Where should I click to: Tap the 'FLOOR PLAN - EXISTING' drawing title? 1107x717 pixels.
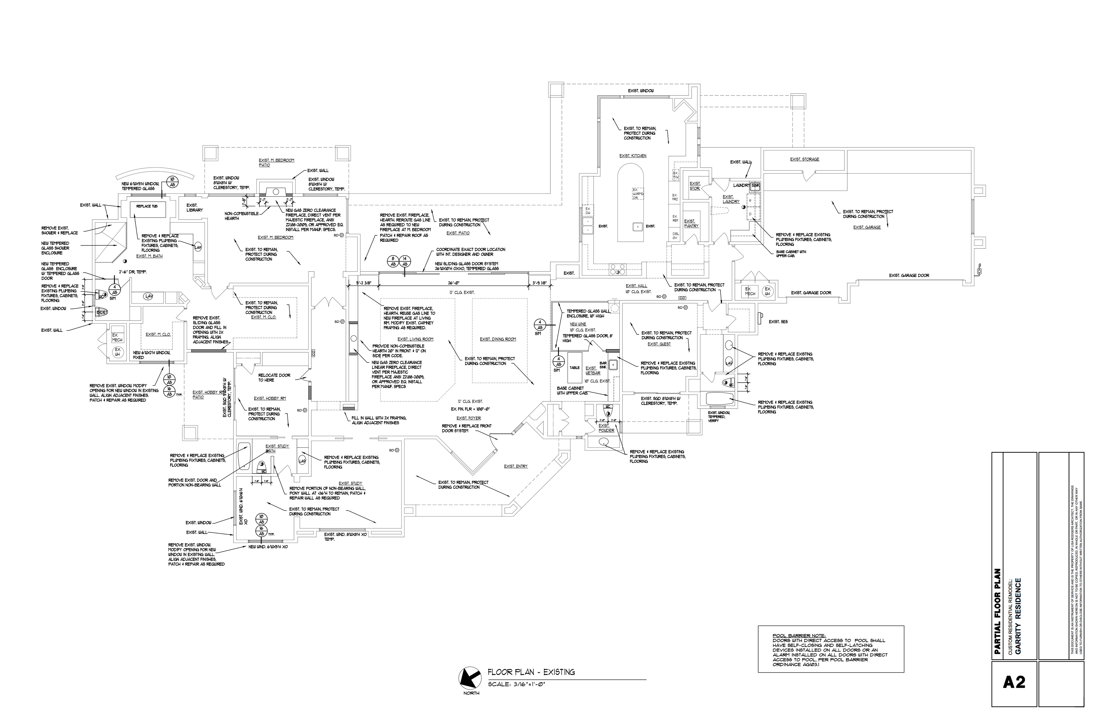click(531, 672)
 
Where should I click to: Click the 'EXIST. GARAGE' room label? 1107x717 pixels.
click(867, 227)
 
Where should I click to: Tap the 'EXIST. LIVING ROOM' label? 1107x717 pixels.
click(415, 339)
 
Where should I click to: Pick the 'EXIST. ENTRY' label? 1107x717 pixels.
click(516, 466)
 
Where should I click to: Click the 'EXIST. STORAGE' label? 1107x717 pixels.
click(805, 159)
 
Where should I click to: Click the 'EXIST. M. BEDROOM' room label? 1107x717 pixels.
click(276, 237)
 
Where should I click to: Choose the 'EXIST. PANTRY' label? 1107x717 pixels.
click(692, 224)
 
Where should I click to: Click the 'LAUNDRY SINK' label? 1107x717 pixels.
click(747, 185)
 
